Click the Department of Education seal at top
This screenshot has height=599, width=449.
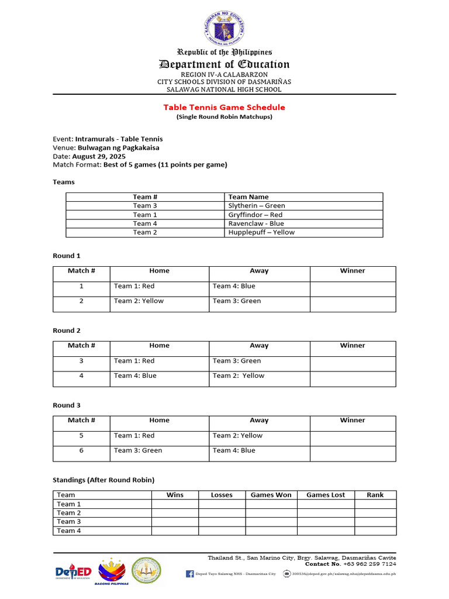click(x=224, y=28)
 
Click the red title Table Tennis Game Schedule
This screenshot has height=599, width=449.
click(x=224, y=107)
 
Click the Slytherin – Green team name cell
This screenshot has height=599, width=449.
click(x=257, y=206)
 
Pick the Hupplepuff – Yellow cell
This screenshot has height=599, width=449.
click(x=261, y=232)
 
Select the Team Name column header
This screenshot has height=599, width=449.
click(x=248, y=197)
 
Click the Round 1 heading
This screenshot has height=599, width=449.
click(x=67, y=256)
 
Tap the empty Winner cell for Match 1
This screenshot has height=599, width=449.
click(x=353, y=289)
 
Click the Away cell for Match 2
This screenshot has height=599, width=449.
click(x=259, y=304)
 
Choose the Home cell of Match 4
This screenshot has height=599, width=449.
click(x=159, y=378)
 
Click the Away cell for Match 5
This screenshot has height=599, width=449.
click(x=259, y=438)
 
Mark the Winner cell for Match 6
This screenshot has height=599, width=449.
click(x=353, y=453)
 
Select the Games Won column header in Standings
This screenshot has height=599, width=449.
click(x=271, y=495)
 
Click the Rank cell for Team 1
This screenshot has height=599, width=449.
click(x=375, y=504)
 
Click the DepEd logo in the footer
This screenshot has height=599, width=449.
click(x=73, y=572)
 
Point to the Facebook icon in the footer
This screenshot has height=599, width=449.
click(x=190, y=574)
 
